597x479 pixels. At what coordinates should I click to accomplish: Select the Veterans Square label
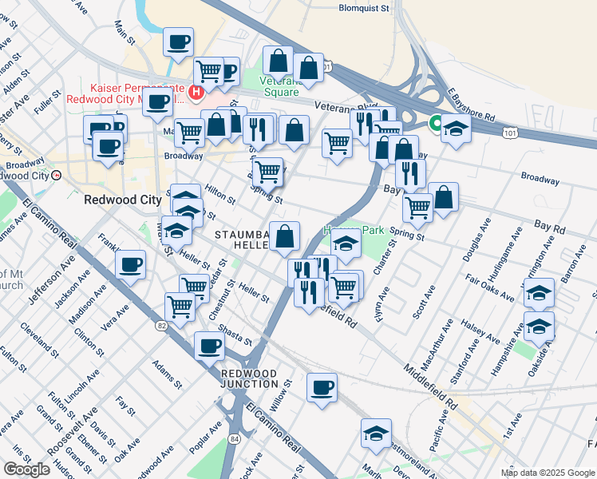[x=281, y=86]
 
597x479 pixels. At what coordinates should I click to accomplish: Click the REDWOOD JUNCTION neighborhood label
[x=249, y=378]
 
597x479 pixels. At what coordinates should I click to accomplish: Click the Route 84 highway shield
[x=232, y=438]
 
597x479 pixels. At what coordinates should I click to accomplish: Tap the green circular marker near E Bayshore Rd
[x=436, y=123]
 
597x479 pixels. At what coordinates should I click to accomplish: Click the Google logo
[x=26, y=469]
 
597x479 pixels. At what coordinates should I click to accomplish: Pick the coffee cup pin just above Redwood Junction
[x=210, y=346]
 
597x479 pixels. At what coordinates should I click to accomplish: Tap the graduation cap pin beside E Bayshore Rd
[x=456, y=127]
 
